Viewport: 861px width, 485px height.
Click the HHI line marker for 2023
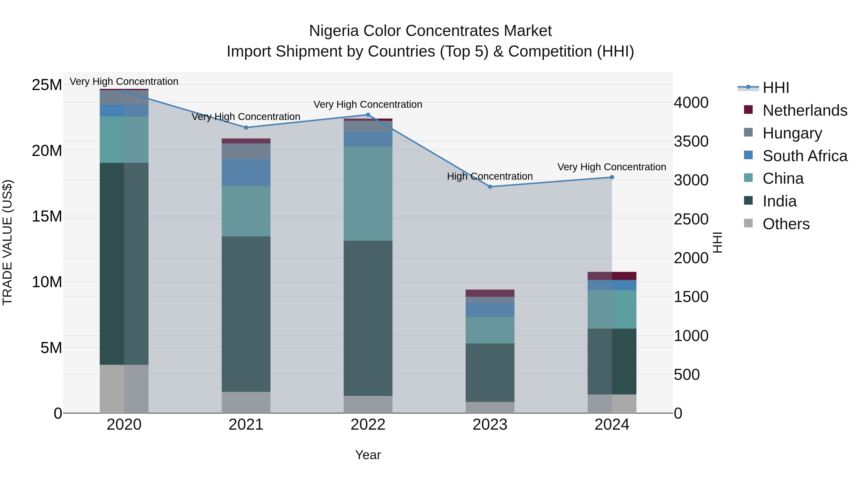tap(490, 187)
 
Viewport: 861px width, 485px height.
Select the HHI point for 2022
tap(368, 115)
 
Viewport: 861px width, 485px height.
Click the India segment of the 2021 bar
tap(246, 314)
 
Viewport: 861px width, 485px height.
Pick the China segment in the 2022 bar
tap(368, 194)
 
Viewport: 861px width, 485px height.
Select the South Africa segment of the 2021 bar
tap(246, 172)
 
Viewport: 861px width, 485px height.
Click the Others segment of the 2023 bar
tap(490, 407)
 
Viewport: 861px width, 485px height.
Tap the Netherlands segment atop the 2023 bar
tap(490, 293)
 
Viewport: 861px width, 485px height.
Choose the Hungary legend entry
tap(792, 133)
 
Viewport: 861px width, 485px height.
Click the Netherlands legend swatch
tap(748, 110)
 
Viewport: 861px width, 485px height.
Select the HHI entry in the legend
tap(775, 88)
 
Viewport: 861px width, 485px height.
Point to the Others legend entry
tap(786, 224)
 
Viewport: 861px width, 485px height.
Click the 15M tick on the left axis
tap(47, 217)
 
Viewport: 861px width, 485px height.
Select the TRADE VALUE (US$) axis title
tap(7, 242)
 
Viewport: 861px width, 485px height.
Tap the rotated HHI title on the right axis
tap(717, 242)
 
